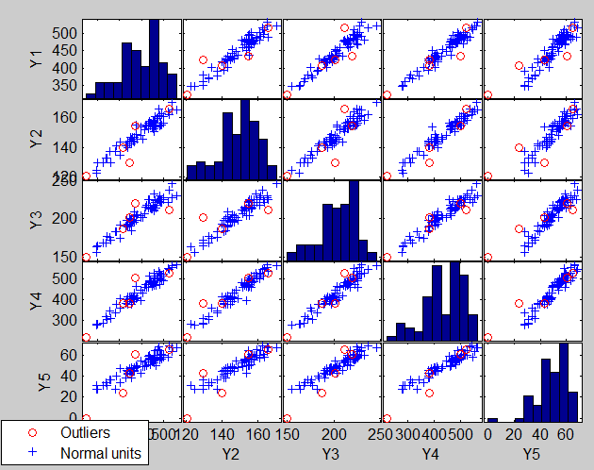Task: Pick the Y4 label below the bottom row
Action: (431, 454)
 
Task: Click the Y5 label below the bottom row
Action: (531, 454)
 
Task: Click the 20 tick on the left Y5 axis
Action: (70, 396)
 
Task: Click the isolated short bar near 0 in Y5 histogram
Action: (491, 419)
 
